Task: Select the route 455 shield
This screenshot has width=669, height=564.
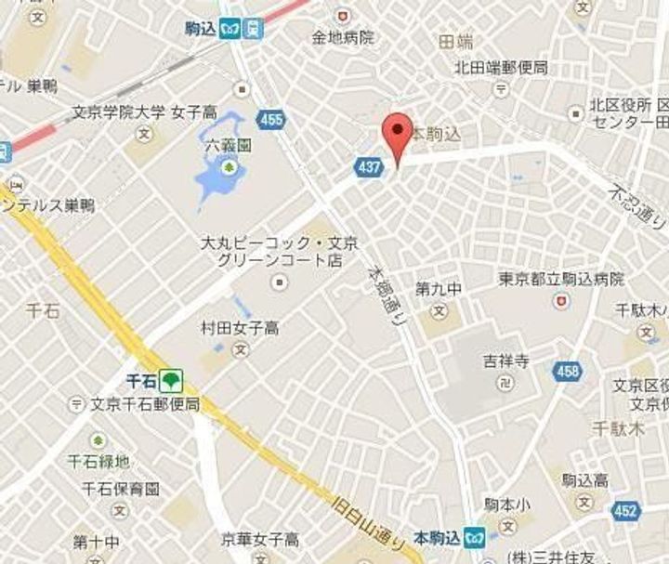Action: [271, 120]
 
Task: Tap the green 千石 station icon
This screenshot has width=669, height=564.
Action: [170, 379]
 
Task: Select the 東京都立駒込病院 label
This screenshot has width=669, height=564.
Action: [560, 279]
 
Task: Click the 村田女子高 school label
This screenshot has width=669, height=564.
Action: [240, 328]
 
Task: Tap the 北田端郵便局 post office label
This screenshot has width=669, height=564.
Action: [500, 68]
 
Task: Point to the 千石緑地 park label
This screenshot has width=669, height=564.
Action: [98, 461]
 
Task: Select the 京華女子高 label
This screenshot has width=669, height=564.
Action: [259, 539]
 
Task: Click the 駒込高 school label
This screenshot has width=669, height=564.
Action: [584, 480]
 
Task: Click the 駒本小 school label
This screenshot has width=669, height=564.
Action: [506, 505]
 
